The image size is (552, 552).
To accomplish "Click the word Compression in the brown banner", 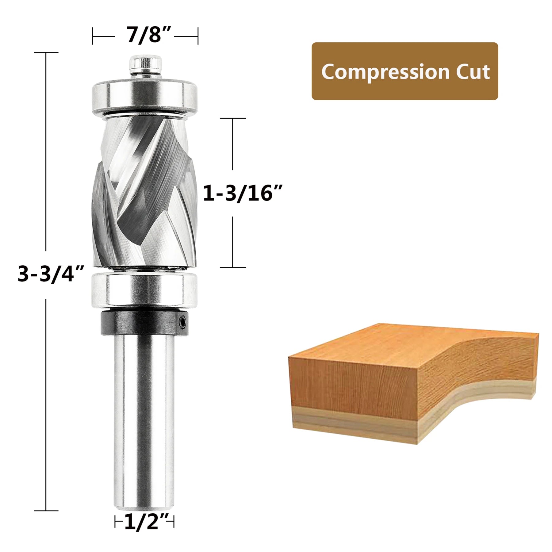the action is pos(385,72).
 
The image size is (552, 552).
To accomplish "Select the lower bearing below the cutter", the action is pos(144,290).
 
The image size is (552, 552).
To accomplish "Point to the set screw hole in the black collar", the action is pos(183,322).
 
